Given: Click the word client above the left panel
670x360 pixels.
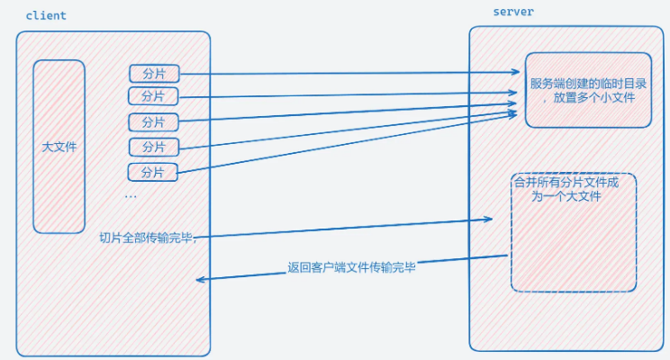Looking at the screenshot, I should [46, 16].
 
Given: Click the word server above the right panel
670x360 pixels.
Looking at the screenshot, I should [514, 12].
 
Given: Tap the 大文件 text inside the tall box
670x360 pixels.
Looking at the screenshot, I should [59, 146].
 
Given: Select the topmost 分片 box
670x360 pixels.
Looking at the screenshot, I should [154, 74].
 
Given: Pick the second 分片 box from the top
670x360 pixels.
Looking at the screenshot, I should [153, 95].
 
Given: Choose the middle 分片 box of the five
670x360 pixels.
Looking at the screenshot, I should [153, 121].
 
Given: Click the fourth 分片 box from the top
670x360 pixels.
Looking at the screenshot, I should [154, 147].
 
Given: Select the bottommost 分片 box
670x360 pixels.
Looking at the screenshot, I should [153, 171].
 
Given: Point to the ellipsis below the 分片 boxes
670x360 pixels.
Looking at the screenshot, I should [131, 196].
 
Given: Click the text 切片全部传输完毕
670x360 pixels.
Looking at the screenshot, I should [146, 238].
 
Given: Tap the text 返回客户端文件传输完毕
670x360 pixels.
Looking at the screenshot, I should [351, 266].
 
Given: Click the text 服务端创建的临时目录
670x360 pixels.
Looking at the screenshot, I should [588, 83].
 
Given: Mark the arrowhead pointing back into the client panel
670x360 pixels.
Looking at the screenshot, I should [201, 280].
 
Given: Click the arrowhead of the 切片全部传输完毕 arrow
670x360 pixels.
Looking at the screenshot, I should [491, 219].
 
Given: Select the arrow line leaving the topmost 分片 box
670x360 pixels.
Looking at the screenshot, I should [351, 74].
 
